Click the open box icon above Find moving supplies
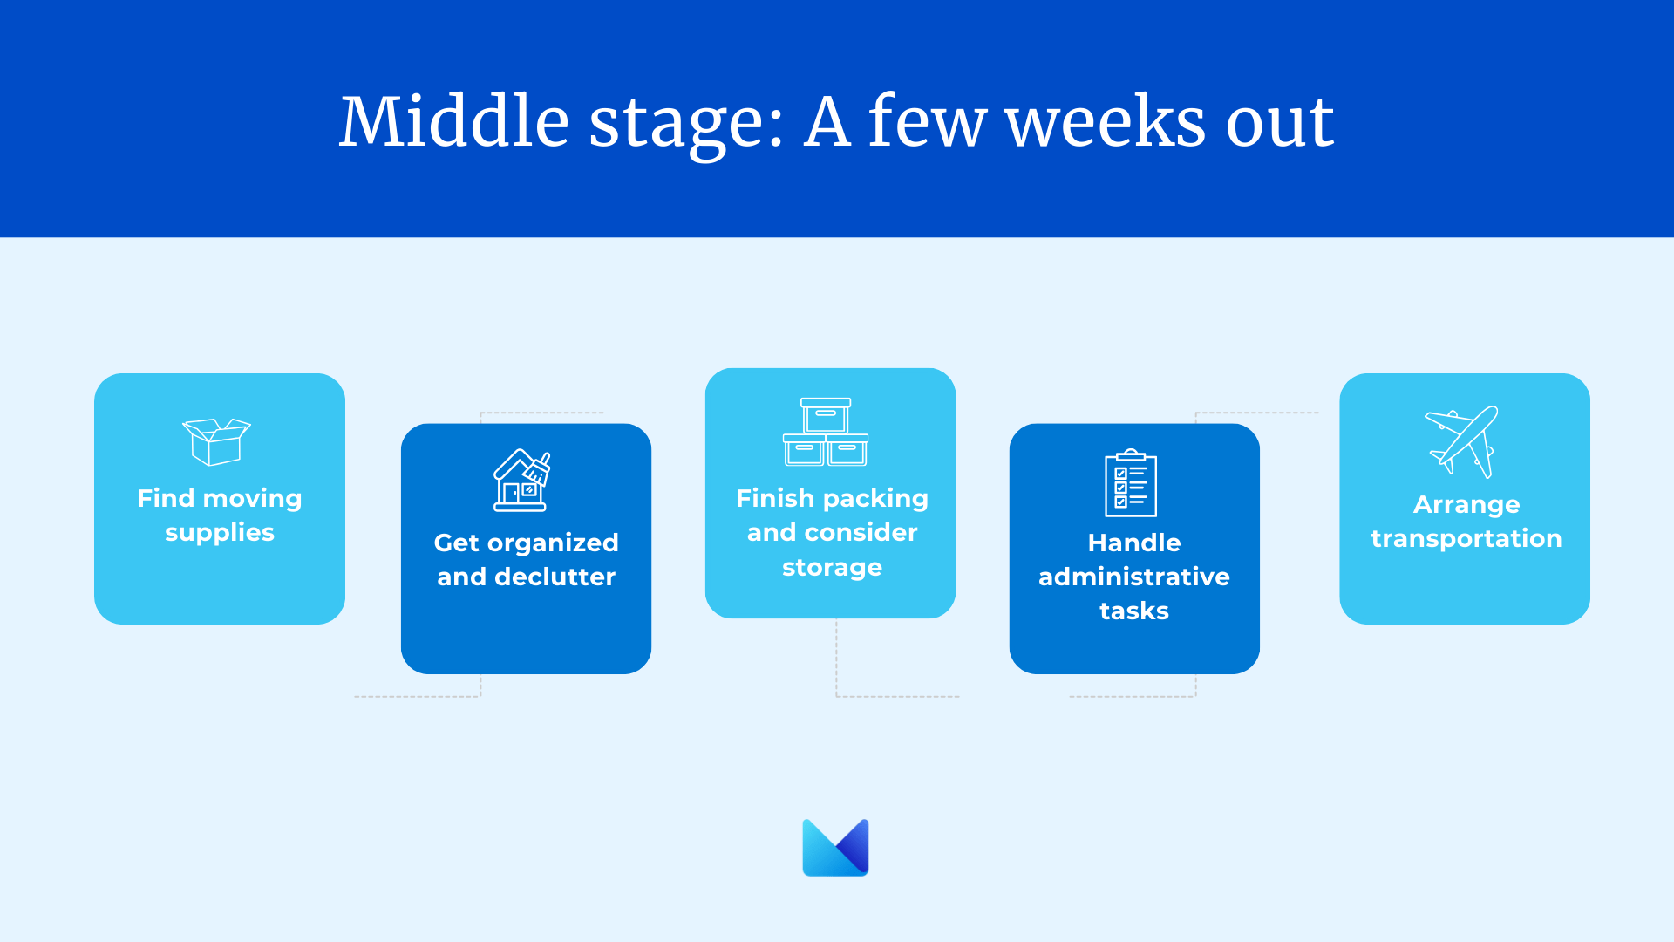(x=216, y=441)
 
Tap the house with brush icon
(x=522, y=480)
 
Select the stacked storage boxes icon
(x=826, y=432)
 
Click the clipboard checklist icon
(x=1131, y=482)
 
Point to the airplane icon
(x=1462, y=441)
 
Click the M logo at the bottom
(x=835, y=847)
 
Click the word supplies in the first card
(x=220, y=533)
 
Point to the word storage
(x=832, y=568)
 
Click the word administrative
(x=1134, y=577)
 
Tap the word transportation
(x=1466, y=539)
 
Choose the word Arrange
(x=1466, y=505)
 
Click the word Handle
(x=1134, y=543)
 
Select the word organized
(x=553, y=543)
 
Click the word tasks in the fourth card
(x=1134, y=611)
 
